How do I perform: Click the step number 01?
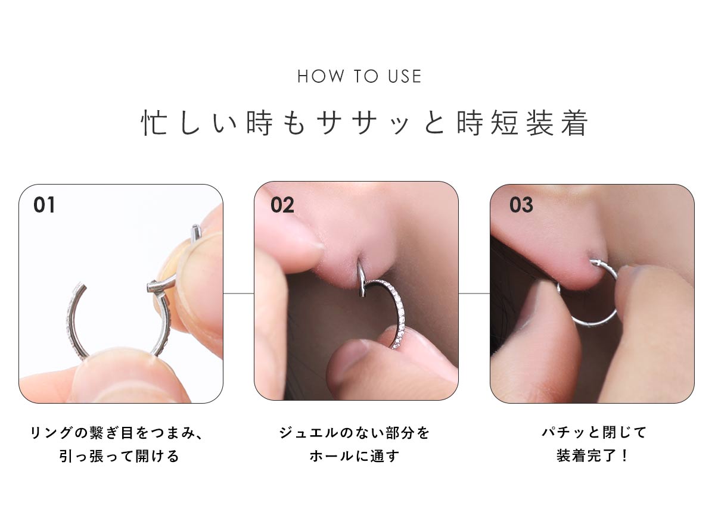44,205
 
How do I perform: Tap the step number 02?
282,205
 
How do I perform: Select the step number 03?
521,205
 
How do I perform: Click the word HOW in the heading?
321,77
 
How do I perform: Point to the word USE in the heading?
405,77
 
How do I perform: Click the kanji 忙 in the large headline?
154,123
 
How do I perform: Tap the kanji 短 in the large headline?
504,123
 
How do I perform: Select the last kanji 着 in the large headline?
574,123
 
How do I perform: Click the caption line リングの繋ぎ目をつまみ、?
117,433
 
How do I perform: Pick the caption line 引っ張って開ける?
119,456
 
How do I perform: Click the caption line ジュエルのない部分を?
355,433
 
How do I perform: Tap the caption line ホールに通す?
355,456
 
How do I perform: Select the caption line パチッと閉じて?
594,433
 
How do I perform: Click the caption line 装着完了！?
592,456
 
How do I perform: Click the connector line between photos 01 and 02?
239,293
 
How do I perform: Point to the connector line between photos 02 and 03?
474,293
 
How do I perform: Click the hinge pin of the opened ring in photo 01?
195,232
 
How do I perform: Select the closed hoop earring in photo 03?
593,323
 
